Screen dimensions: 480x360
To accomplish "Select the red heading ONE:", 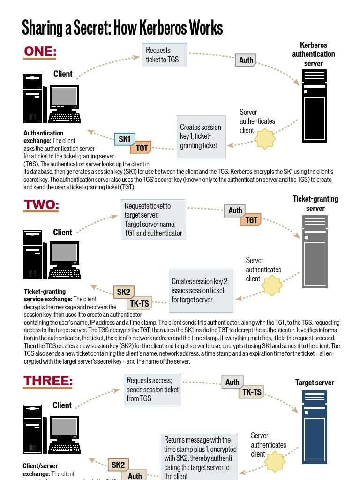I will [x=40, y=52].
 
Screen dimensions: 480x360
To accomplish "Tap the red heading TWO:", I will [x=42, y=205].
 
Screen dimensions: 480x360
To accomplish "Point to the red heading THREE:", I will [x=48, y=381].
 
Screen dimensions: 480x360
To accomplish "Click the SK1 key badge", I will [x=125, y=139].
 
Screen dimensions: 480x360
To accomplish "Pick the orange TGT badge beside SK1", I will [x=142, y=148].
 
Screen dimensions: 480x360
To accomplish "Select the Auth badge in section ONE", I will [x=246, y=60].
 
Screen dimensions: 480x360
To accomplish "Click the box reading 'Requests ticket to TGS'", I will [x=164, y=55].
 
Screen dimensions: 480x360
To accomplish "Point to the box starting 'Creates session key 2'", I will [x=201, y=291].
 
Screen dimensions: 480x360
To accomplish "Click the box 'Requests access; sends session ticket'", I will [x=153, y=389].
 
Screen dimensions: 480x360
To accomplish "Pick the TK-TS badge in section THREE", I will [x=252, y=392].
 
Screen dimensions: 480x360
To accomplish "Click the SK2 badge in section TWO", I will [x=124, y=292].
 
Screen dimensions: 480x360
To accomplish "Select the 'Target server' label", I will [x=315, y=382].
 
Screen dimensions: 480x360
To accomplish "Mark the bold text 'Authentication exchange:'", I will [x=43, y=137].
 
